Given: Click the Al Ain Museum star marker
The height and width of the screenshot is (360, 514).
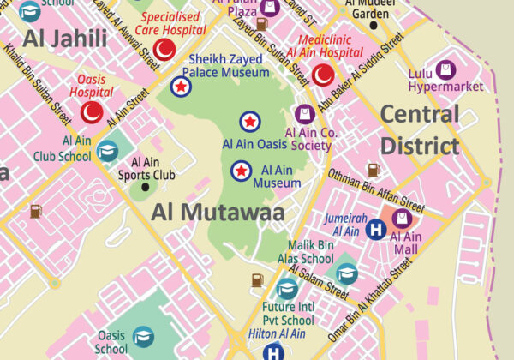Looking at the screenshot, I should (242, 171).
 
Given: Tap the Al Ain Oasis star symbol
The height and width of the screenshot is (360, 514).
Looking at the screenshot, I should (250, 122).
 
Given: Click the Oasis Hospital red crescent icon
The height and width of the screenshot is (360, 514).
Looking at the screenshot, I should (91, 111).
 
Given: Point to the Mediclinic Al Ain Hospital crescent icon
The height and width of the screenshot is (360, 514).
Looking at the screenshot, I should (323, 75).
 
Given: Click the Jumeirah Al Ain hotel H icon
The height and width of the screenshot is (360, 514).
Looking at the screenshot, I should (375, 230).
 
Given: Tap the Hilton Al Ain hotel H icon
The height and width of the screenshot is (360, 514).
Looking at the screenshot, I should (273, 351).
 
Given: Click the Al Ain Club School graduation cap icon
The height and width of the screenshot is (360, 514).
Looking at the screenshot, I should (107, 152).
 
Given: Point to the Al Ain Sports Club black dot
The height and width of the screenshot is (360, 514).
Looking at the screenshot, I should (145, 186).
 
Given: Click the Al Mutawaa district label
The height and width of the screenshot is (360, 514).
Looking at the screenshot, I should (218, 213).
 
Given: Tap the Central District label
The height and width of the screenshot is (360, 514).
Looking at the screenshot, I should (420, 129).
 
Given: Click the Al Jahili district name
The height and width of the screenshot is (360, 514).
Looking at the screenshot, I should (65, 38).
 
